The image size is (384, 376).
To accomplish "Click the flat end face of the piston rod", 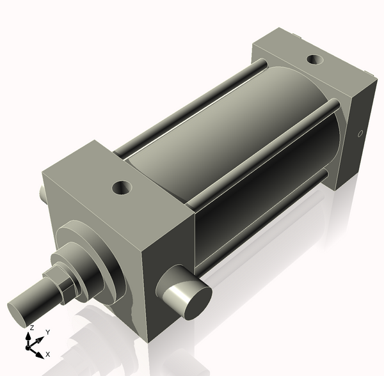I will click(x=20, y=314).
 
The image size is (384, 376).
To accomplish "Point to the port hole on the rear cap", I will click(x=315, y=59).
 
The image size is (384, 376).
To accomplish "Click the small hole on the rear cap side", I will click(x=360, y=134).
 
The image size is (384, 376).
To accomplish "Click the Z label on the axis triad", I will click(x=31, y=328).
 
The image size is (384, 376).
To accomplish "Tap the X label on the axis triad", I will click(x=48, y=354).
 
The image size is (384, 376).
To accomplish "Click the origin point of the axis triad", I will click(x=28, y=347).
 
